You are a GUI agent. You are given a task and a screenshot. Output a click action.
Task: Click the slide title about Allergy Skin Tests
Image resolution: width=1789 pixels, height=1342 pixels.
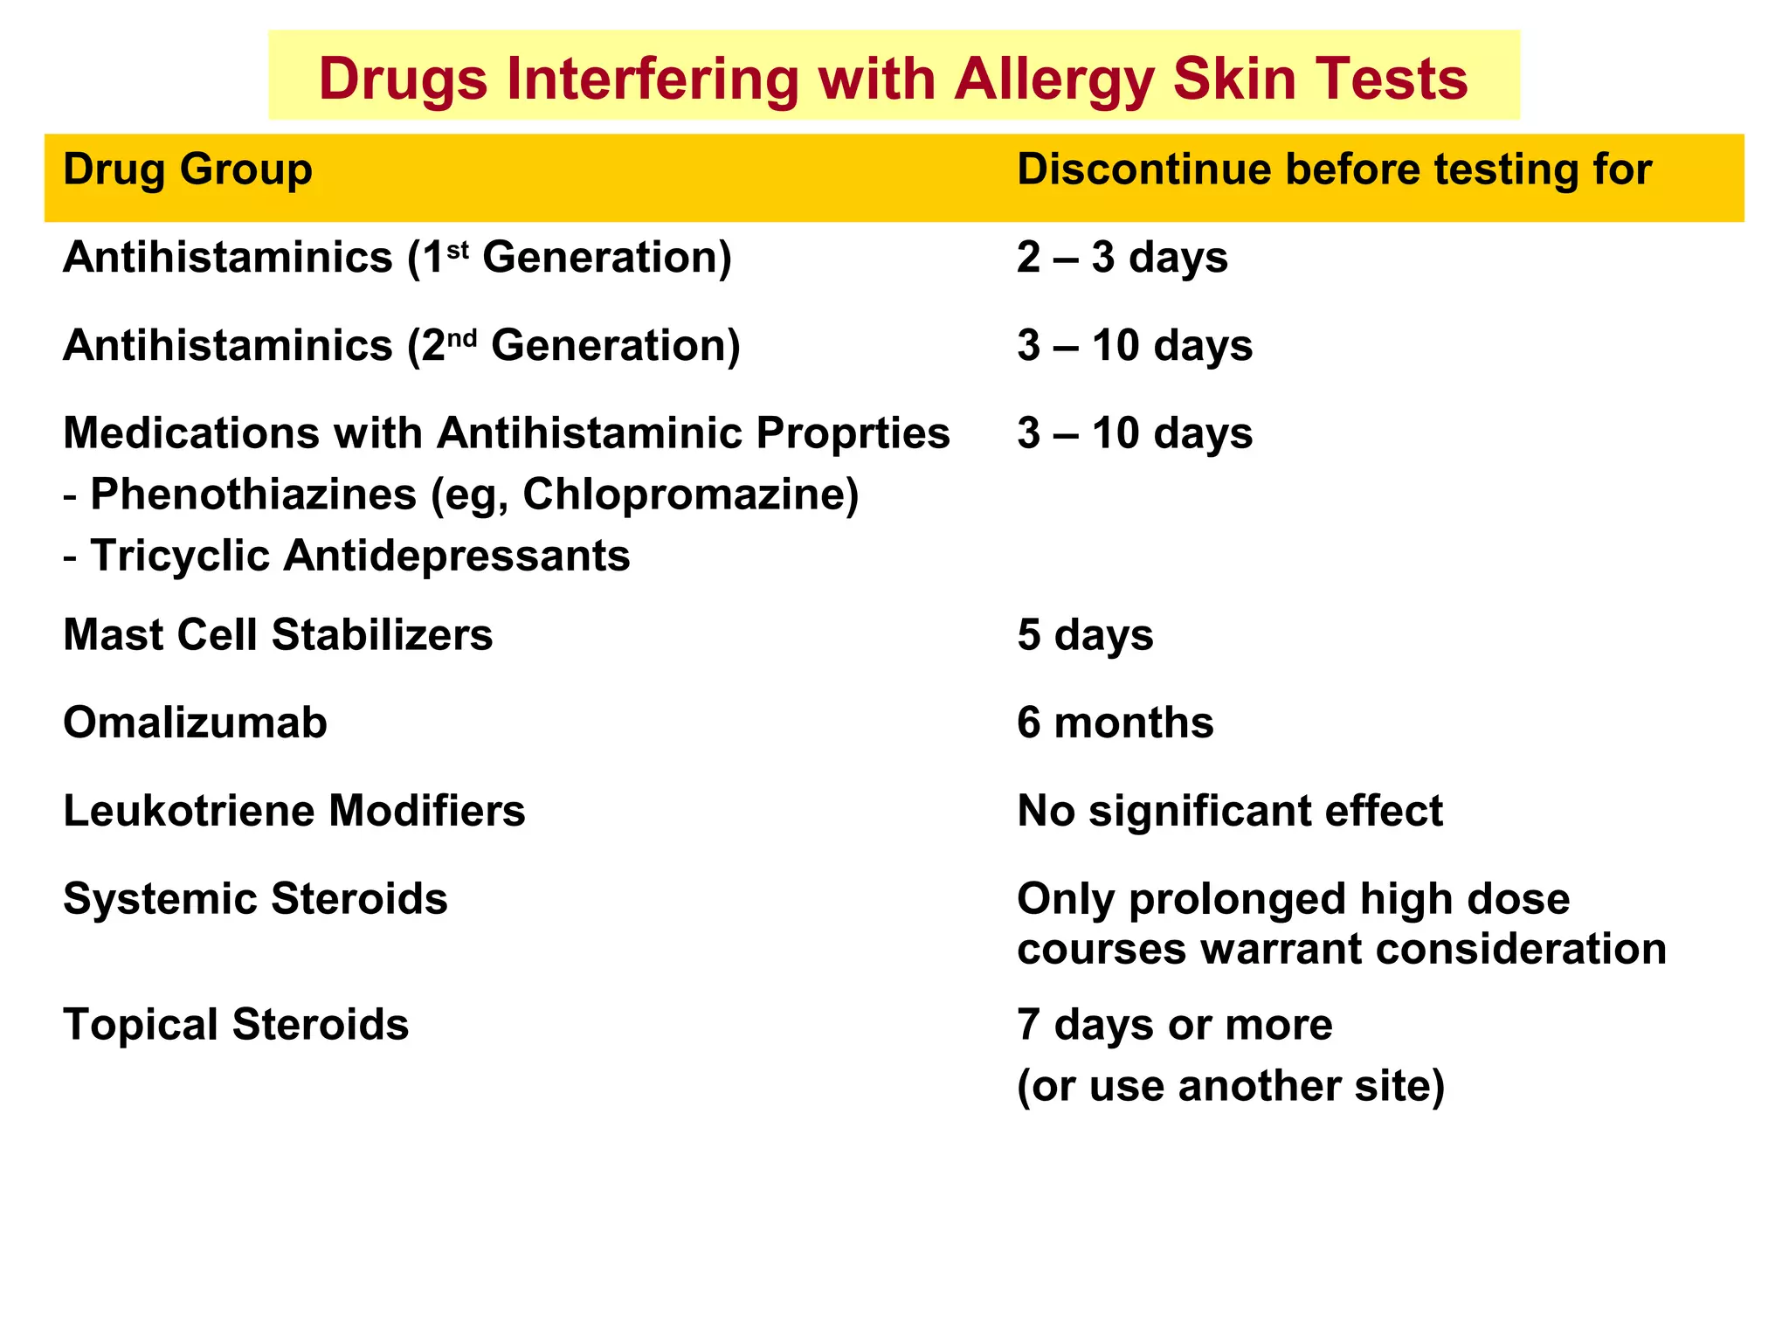pyautogui.click(x=893, y=79)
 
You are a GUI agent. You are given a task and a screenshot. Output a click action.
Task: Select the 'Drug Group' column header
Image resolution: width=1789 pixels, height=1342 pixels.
pyautogui.click(x=188, y=169)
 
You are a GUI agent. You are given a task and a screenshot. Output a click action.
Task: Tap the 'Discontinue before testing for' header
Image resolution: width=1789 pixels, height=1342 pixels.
pyautogui.click(x=1334, y=169)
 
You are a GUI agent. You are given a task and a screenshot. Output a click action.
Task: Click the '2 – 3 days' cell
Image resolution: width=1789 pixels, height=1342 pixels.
pyautogui.click(x=1122, y=258)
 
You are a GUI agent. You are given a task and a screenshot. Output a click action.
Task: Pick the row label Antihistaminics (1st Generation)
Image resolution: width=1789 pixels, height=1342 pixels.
pyautogui.click(x=397, y=258)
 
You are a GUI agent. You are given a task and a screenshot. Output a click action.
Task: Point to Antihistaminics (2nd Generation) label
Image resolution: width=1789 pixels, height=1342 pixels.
pyautogui.click(x=402, y=346)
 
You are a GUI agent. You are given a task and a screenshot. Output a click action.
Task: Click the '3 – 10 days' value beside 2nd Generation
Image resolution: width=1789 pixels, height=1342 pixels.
pyautogui.click(x=1135, y=346)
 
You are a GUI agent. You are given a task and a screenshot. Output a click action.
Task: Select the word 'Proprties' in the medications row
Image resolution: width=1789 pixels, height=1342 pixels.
pyautogui.click(x=853, y=433)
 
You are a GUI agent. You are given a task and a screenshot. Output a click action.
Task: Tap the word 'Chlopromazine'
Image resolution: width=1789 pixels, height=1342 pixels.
pyautogui.click(x=690, y=495)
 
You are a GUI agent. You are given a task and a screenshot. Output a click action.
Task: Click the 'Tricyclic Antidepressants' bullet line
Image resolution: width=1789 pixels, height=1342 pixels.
pyautogui.click(x=360, y=557)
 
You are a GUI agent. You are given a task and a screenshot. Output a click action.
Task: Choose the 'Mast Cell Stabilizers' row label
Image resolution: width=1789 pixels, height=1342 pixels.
pyautogui.click(x=278, y=635)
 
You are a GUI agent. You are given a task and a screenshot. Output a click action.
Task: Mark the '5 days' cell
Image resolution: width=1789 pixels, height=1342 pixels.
pyautogui.click(x=1085, y=635)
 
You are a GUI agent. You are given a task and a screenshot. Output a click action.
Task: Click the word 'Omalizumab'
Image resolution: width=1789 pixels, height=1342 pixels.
pyautogui.click(x=196, y=723)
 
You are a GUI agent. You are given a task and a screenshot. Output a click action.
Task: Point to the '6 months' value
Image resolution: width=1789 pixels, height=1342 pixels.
pyautogui.click(x=1116, y=723)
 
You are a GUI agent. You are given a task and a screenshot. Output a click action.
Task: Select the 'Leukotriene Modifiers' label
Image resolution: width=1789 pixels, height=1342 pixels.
pyautogui.click(x=294, y=811)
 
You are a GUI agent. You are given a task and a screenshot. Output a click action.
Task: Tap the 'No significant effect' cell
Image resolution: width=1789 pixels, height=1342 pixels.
pyautogui.click(x=1230, y=811)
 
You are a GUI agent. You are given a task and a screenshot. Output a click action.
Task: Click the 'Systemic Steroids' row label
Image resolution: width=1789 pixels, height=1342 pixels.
pyautogui.click(x=255, y=899)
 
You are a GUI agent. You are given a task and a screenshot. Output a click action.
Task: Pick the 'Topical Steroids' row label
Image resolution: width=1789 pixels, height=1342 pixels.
pyautogui.click(x=236, y=1025)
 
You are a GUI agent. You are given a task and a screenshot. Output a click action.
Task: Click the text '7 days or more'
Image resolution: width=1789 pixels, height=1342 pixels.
pyautogui.click(x=1175, y=1025)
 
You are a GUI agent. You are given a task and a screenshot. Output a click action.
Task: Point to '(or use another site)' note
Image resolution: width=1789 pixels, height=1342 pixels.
pyautogui.click(x=1231, y=1086)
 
